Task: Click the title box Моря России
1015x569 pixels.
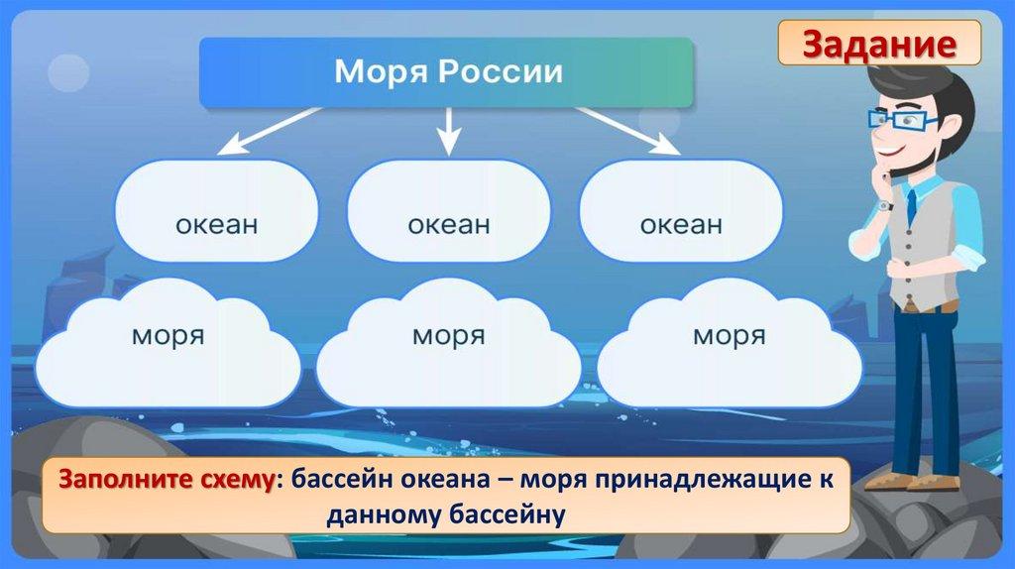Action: pyautogui.click(x=447, y=72)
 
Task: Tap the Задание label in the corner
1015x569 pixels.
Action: pyautogui.click(x=879, y=44)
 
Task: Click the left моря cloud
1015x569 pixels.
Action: pyautogui.click(x=168, y=342)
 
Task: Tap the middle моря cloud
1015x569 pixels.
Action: pyautogui.click(x=448, y=342)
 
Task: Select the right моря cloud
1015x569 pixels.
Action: pyautogui.click(x=729, y=342)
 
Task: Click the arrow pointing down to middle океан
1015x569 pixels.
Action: pyautogui.click(x=448, y=130)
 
